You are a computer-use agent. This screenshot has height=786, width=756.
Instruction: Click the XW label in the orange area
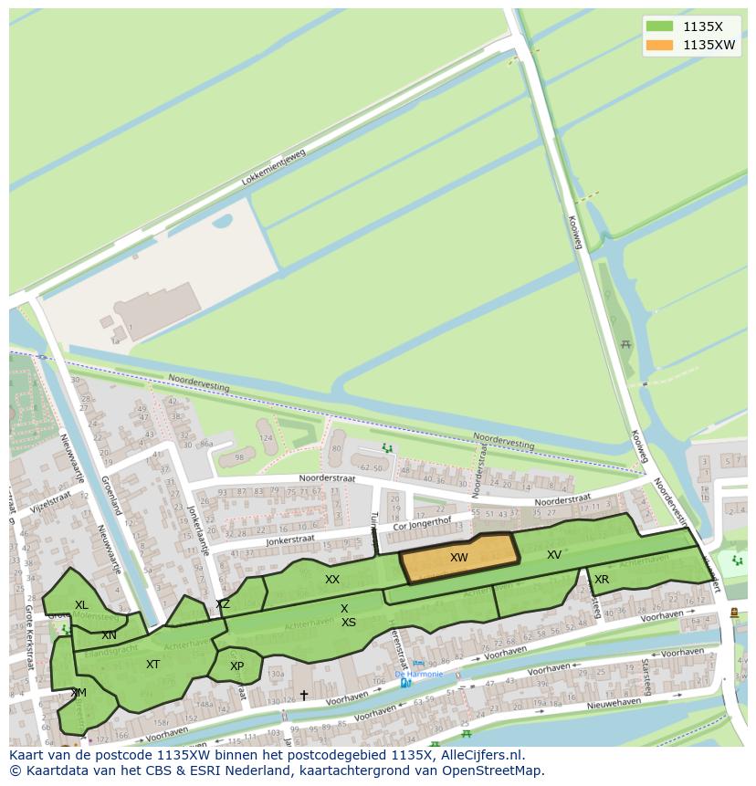pos(458,557)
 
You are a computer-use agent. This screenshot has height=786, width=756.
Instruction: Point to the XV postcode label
pos(554,554)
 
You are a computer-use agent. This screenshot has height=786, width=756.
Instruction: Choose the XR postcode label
pos(602,580)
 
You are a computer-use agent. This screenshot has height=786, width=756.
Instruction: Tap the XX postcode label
pos(332,580)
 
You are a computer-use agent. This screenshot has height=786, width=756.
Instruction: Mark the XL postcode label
pos(81,604)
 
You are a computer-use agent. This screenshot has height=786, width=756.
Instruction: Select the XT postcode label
pos(152,665)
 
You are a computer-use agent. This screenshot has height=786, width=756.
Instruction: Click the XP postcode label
pos(236,666)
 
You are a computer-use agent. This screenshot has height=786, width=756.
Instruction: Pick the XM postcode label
pos(79,693)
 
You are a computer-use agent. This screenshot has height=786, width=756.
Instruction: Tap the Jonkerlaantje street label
pos(198,530)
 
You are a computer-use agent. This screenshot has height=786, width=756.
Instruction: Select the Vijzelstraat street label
pos(48,500)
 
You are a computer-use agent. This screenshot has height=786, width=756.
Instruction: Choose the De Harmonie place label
pos(419,674)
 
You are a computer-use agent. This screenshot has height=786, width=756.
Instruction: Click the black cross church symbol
pos(304,695)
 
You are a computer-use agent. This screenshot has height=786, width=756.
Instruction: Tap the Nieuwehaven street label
pos(614,705)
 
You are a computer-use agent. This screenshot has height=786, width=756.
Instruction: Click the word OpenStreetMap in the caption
pos(494,770)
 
